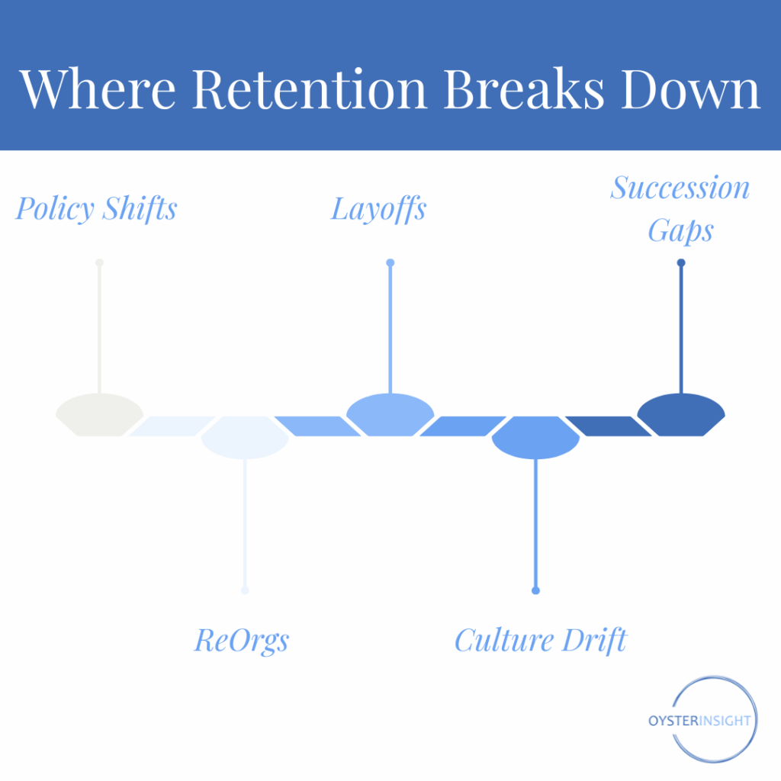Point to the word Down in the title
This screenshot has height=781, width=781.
691,88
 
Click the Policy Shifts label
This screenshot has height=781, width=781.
96,208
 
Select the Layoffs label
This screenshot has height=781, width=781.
378,208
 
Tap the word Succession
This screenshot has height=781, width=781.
680,188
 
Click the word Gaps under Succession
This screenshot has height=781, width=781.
680,230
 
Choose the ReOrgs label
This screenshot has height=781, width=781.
242,640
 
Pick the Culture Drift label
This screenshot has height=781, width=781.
540,640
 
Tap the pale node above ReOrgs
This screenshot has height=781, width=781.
245,437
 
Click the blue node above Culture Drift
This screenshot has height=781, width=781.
535,437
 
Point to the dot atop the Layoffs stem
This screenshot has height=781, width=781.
390,263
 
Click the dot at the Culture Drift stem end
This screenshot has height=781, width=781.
535,590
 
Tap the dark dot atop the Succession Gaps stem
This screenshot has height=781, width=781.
681,263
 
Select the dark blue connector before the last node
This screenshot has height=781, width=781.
608,426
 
